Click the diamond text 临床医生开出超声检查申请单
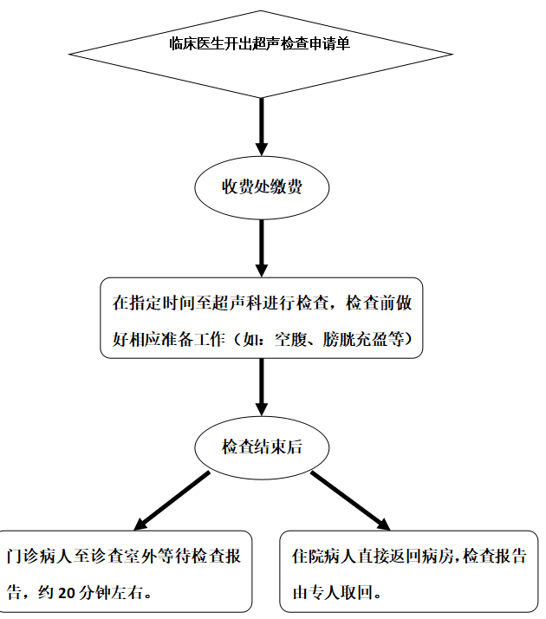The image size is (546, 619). click(x=259, y=43)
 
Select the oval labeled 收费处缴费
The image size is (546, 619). click(x=261, y=187)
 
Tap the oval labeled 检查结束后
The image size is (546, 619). click(x=261, y=447)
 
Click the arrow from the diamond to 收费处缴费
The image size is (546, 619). click(x=261, y=126)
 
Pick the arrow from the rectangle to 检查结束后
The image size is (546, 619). click(x=261, y=386)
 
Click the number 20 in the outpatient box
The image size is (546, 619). click(x=67, y=594)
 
